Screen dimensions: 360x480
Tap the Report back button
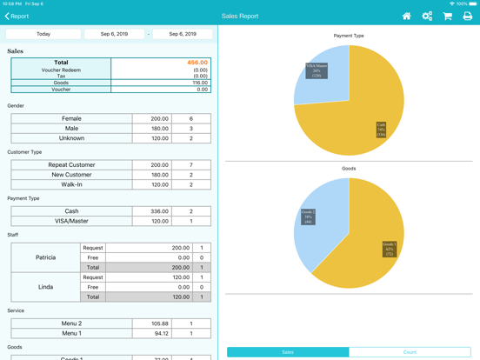coord(17,16)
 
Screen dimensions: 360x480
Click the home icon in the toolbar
coord(406,16)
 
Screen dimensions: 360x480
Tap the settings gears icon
coord(427,16)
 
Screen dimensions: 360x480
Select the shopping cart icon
coord(447,16)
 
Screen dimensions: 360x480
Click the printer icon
coord(468,16)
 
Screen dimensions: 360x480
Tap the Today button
coord(43,34)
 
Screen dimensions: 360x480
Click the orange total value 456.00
coord(197,63)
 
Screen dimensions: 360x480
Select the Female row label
coord(71,118)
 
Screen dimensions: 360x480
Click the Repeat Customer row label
coord(71,164)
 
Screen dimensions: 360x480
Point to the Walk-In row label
coord(71,184)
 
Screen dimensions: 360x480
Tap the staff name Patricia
coord(45,257)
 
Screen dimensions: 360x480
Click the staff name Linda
coord(45,287)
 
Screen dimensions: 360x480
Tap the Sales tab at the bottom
coord(288,352)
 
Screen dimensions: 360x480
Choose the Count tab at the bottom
coord(410,352)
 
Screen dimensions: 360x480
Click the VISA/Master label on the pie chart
coord(317,70)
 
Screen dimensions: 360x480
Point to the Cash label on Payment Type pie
coord(381,130)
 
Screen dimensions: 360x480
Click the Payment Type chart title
coord(349,36)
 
